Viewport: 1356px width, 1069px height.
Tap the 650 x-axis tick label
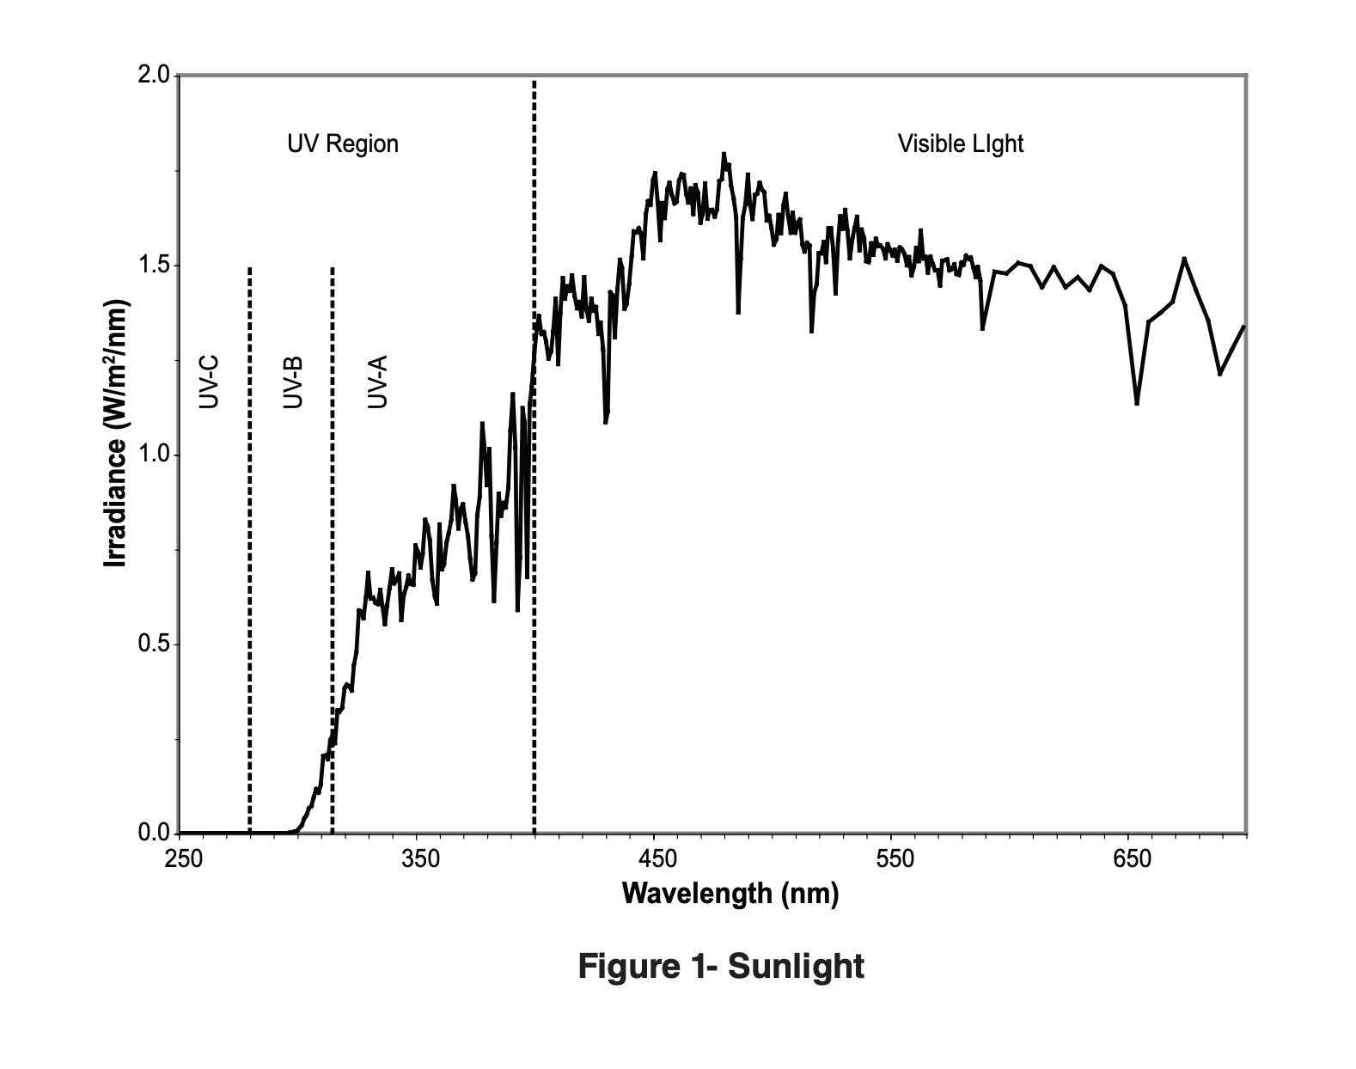(1132, 858)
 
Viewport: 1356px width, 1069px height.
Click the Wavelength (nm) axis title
(730, 894)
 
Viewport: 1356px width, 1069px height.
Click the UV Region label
(343, 144)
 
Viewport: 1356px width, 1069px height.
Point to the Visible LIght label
(961, 144)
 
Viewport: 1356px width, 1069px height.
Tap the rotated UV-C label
(210, 382)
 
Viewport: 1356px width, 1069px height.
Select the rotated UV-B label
(293, 382)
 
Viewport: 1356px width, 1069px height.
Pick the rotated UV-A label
(377, 382)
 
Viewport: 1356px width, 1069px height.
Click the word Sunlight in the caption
(796, 966)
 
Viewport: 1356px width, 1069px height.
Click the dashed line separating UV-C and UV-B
(249, 550)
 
